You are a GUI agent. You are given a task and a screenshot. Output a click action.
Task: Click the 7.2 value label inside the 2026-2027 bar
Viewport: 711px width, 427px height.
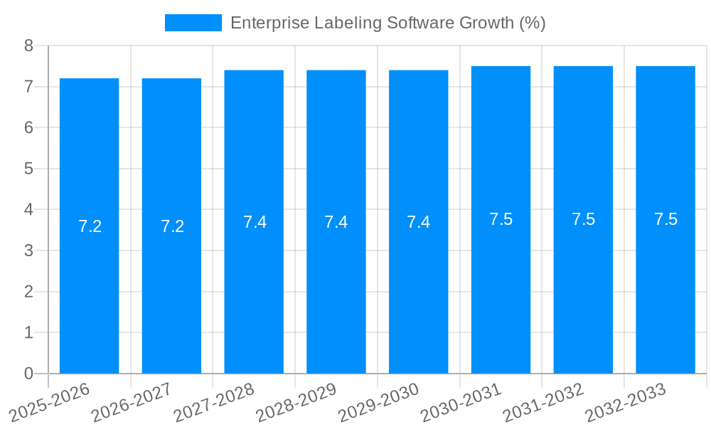(x=172, y=226)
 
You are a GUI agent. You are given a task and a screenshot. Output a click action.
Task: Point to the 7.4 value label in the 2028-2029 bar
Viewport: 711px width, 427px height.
(x=336, y=222)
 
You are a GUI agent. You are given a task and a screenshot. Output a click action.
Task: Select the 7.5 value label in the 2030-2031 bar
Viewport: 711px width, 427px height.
(x=501, y=219)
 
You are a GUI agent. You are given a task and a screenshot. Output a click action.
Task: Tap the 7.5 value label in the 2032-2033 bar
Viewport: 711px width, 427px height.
(x=665, y=219)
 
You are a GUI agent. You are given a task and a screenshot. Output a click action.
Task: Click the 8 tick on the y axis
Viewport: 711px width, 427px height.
(x=28, y=46)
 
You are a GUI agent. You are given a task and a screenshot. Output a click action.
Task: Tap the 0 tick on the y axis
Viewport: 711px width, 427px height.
(x=28, y=374)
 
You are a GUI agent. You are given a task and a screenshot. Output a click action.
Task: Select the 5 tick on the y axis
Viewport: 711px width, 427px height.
(x=28, y=169)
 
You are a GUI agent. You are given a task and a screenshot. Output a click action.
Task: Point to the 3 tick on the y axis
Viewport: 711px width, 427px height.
(x=28, y=251)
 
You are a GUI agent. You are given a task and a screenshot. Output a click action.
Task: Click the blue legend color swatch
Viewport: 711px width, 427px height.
(x=193, y=23)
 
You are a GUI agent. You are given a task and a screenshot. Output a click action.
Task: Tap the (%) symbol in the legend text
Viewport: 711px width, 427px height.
(x=532, y=23)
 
